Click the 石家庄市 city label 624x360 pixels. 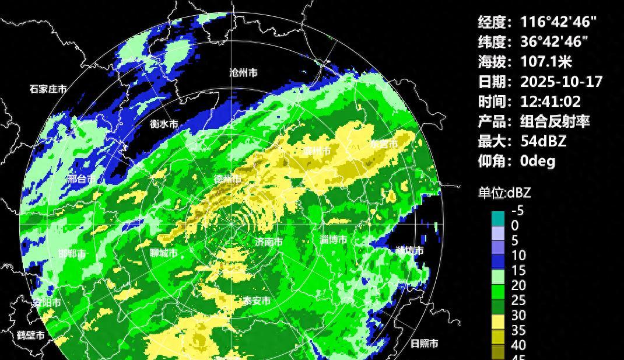[x=48, y=89]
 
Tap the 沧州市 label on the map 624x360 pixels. [x=243, y=73]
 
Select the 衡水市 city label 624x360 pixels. [x=164, y=124]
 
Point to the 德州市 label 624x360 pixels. [x=227, y=179]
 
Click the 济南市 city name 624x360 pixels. [x=269, y=242]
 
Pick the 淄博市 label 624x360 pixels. [x=334, y=240]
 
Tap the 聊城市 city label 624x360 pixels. [x=163, y=253]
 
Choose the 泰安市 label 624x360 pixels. [x=257, y=300]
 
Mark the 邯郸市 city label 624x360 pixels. [x=72, y=254]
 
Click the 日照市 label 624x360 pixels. [x=425, y=343]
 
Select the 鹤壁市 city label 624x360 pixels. [x=30, y=335]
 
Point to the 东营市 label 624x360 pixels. [x=384, y=144]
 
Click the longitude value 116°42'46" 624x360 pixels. [x=558, y=22]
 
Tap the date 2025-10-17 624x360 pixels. [x=561, y=81]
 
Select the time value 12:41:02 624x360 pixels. [x=551, y=101]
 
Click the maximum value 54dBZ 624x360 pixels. [x=543, y=141]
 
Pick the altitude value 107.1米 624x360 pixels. [x=546, y=61]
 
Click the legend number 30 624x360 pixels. [x=518, y=315]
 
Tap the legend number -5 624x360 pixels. [x=517, y=211]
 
